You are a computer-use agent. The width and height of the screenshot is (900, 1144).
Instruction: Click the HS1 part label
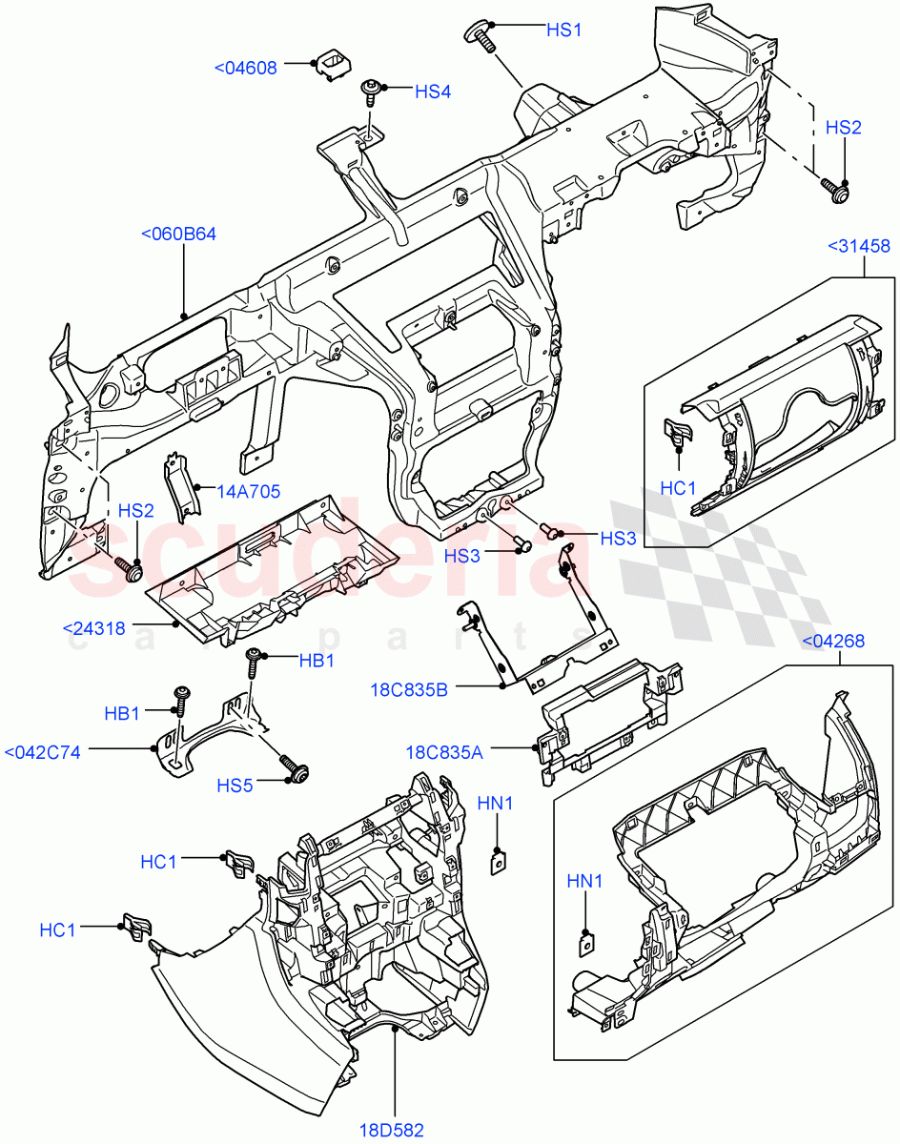[x=563, y=30]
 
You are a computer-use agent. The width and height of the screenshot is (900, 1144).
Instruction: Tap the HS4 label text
[x=432, y=92]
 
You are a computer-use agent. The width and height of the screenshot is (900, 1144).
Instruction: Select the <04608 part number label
[x=246, y=68]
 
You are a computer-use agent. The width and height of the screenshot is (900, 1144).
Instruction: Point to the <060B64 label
[x=178, y=234]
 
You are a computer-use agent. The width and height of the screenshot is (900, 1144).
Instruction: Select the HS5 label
[x=235, y=785]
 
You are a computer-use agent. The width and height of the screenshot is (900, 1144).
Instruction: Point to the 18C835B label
[x=410, y=688]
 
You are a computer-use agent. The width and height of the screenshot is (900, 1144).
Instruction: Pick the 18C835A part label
[x=443, y=752]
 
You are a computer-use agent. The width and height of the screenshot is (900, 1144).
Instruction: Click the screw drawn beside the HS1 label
[x=481, y=37]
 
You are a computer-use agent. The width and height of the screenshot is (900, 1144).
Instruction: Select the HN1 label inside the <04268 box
[x=585, y=881]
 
